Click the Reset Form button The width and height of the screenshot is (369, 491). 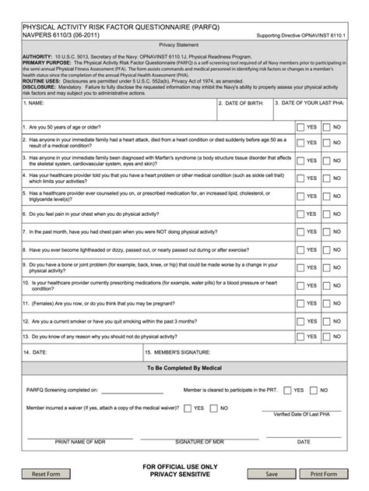46,474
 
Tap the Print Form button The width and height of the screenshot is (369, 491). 323,474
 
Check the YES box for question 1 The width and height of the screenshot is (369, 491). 300,126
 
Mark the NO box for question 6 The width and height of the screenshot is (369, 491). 327,214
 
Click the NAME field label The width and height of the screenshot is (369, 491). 33,103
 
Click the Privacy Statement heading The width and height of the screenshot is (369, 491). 184,45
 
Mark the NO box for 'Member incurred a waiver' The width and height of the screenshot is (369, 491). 213,408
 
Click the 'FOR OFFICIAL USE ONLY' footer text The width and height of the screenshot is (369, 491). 184,466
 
